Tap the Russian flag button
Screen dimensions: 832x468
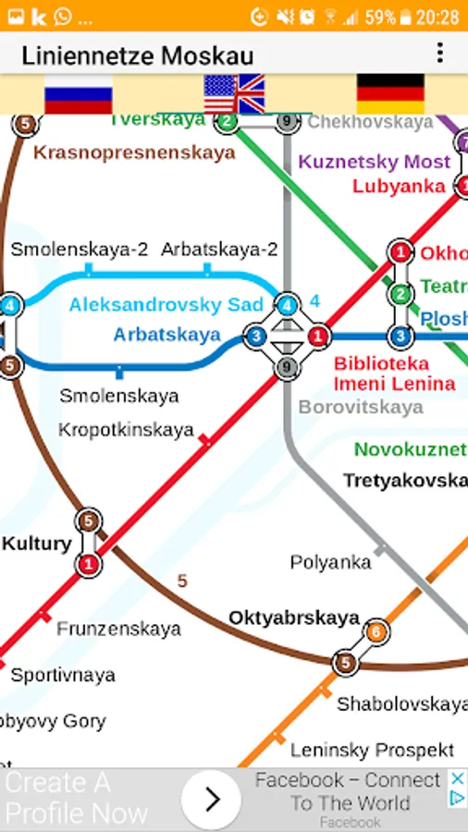pos(78,93)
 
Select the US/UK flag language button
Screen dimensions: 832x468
pos(234,93)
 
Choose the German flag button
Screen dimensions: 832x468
pos(390,93)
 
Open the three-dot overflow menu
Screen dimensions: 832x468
pos(439,53)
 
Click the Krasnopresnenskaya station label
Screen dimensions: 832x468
pos(134,153)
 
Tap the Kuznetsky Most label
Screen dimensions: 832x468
pos(374,162)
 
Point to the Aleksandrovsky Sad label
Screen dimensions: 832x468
pos(166,305)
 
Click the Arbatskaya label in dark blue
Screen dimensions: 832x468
pos(167,335)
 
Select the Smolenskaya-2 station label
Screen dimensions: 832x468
pos(80,250)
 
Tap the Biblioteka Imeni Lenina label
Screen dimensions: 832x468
pos(394,373)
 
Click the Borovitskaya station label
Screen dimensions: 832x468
pos(360,407)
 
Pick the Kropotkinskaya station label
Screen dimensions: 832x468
pos(126,430)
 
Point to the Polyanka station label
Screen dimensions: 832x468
pos(330,562)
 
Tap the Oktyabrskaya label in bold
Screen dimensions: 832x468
pos(293,618)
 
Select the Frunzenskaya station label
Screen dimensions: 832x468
pos(118,630)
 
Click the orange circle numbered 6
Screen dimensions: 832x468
pos(376,632)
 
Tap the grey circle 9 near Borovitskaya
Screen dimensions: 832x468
pos(288,368)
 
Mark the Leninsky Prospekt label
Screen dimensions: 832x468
pos(372,749)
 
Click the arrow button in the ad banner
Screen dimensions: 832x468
pos(211,799)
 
